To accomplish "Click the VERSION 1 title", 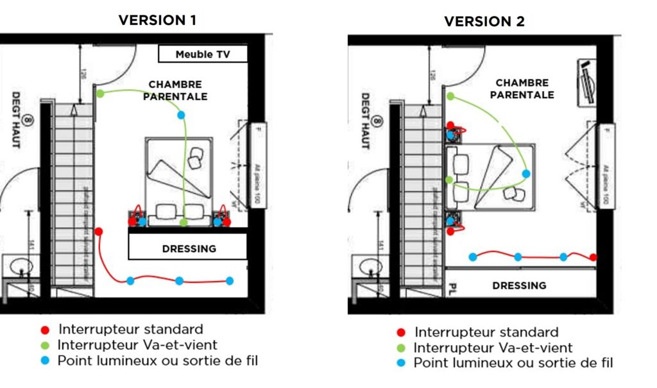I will click(x=157, y=20).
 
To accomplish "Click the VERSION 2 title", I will click(x=484, y=21).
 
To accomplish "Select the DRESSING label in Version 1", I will click(x=189, y=248).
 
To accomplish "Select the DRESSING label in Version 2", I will click(x=520, y=285).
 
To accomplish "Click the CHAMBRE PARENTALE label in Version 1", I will click(x=175, y=90).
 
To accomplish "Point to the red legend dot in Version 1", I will click(x=44, y=330).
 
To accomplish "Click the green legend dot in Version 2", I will click(x=401, y=348).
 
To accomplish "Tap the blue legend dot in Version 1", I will click(x=44, y=360).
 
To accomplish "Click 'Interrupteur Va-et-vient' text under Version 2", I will click(x=493, y=348).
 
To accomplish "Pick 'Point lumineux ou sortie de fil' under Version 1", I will click(x=158, y=360).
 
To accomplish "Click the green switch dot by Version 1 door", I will click(x=101, y=94).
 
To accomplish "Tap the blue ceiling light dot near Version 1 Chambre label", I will click(x=182, y=115).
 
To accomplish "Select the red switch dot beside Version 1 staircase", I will click(x=99, y=231).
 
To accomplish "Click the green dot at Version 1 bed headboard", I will click(x=184, y=222).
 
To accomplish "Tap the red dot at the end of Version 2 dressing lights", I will click(x=593, y=257).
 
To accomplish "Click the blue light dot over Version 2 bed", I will click(x=526, y=173).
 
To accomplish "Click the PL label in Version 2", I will click(x=452, y=286).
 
